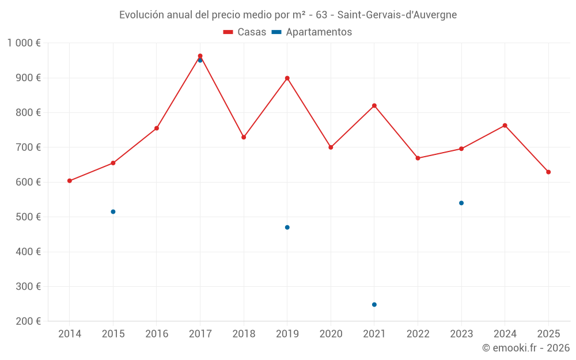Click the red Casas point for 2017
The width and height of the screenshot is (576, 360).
(200, 56)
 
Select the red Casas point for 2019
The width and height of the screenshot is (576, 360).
(287, 78)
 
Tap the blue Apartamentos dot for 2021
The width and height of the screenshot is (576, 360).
(374, 305)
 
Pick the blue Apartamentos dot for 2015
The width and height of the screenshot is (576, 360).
(113, 212)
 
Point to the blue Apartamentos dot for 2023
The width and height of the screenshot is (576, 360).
(461, 203)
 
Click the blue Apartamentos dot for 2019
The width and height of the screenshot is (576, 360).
(287, 228)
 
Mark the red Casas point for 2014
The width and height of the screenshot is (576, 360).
(70, 181)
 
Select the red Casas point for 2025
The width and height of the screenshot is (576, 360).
(548, 172)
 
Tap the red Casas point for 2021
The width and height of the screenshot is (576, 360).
(374, 105)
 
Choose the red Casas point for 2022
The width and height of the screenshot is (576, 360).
(418, 158)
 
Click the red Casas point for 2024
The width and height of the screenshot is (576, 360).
(505, 126)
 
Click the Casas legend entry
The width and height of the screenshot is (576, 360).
(245, 32)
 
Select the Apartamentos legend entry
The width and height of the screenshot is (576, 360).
(312, 32)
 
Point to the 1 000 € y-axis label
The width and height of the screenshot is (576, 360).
(24, 43)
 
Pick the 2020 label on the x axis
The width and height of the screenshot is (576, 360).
(331, 334)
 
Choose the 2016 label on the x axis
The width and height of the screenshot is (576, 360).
(157, 334)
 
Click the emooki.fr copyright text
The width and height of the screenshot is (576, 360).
(526, 348)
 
